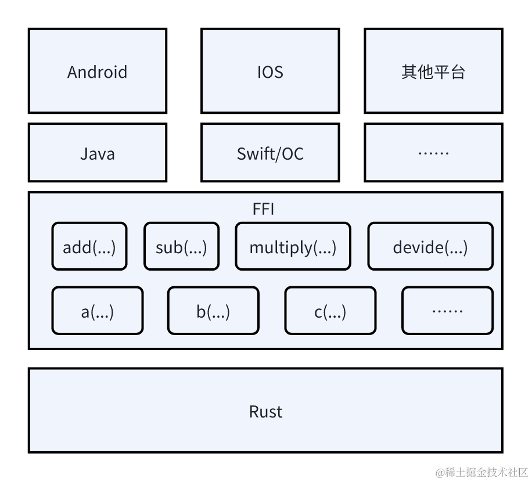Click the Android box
point(98,70)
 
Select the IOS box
point(270,70)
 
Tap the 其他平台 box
point(433,70)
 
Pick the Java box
point(98,153)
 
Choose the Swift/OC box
point(270,153)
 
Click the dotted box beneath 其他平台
point(433,153)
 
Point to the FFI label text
point(263,209)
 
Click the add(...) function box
point(89,246)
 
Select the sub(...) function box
point(181,246)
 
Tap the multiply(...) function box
point(293,246)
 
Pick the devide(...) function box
point(430,246)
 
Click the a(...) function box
point(98,310)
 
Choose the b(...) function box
point(213,310)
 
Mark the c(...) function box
point(330,310)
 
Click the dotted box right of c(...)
point(447,310)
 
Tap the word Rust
point(265,412)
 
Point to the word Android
point(98,72)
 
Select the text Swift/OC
point(270,154)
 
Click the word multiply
point(281,247)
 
